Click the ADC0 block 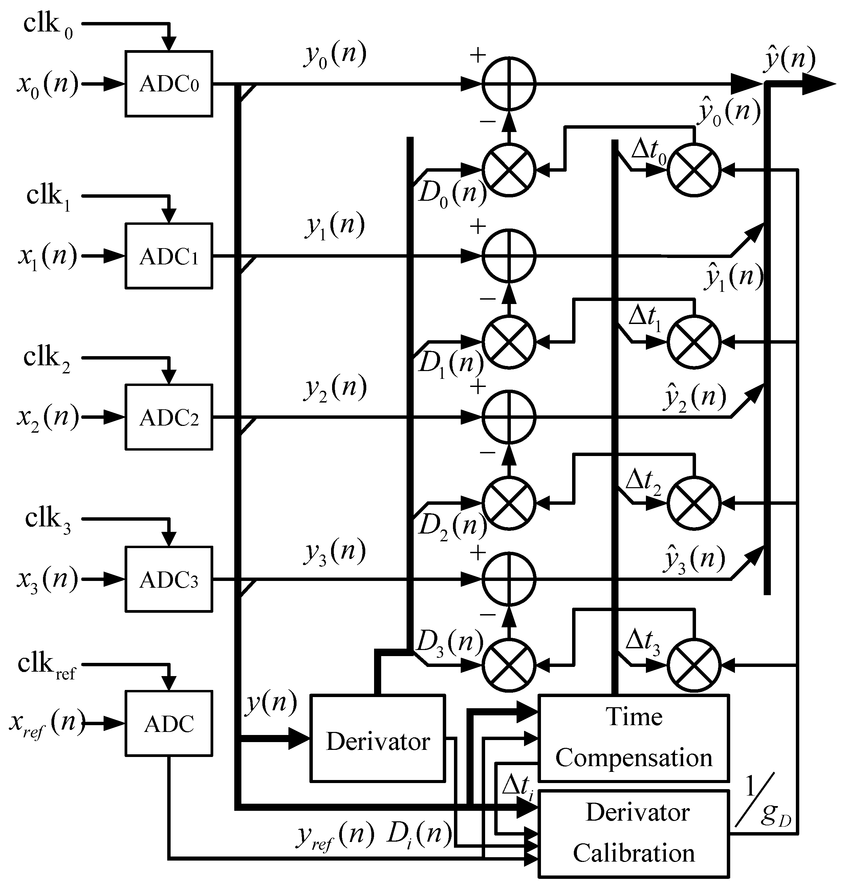click(169, 84)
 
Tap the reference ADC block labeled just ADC click(169, 723)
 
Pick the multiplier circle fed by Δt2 click(694, 502)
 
